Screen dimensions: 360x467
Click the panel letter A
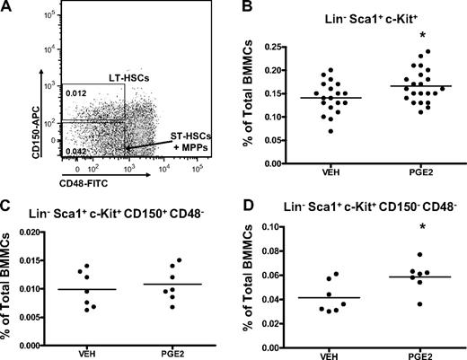coord(6,7)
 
